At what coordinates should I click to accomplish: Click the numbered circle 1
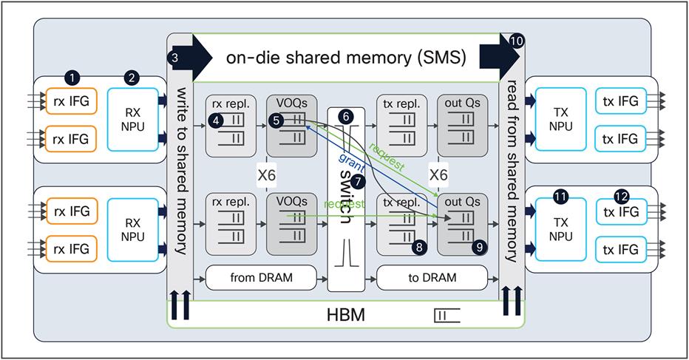(72, 77)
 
